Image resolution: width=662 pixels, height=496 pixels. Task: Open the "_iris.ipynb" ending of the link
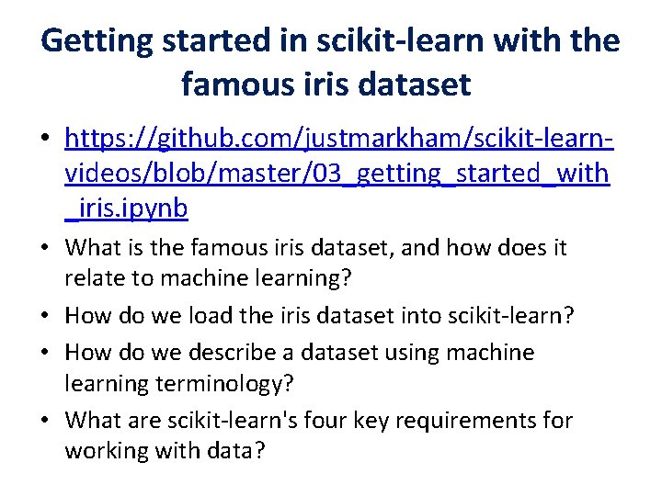point(127,209)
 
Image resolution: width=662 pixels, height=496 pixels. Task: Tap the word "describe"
point(231,353)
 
